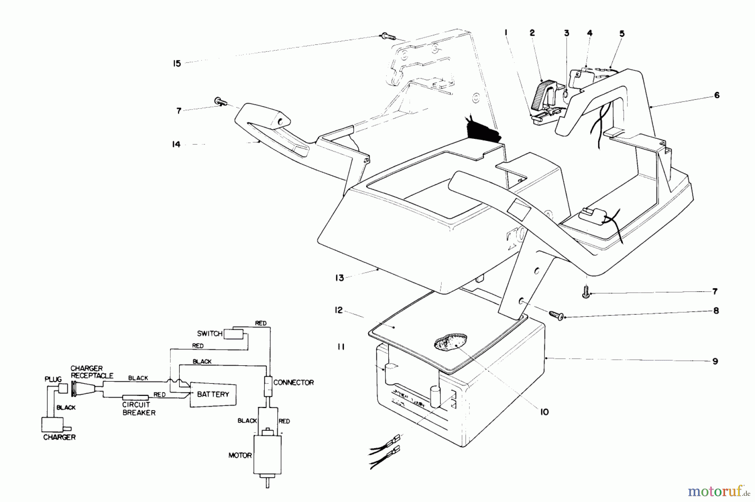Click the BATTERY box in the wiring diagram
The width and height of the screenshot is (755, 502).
pyautogui.click(x=213, y=394)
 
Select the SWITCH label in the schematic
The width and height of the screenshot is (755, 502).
pyautogui.click(x=209, y=333)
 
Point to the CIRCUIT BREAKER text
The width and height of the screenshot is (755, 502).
pyautogui.click(x=139, y=409)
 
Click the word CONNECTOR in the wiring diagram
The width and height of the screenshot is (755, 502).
pyautogui.click(x=293, y=382)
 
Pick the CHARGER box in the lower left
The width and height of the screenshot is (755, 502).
pyautogui.click(x=54, y=424)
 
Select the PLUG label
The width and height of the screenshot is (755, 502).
pyautogui.click(x=53, y=379)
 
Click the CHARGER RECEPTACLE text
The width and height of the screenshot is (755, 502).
pyautogui.click(x=91, y=372)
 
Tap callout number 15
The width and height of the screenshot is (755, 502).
pyautogui.click(x=177, y=63)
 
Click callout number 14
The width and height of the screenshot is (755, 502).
pyautogui.click(x=176, y=144)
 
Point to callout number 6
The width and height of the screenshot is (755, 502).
pyautogui.click(x=717, y=95)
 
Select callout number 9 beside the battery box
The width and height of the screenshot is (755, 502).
pyautogui.click(x=715, y=361)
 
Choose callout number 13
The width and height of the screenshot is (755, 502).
pyautogui.click(x=339, y=278)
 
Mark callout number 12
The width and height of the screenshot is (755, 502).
pyautogui.click(x=338, y=310)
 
